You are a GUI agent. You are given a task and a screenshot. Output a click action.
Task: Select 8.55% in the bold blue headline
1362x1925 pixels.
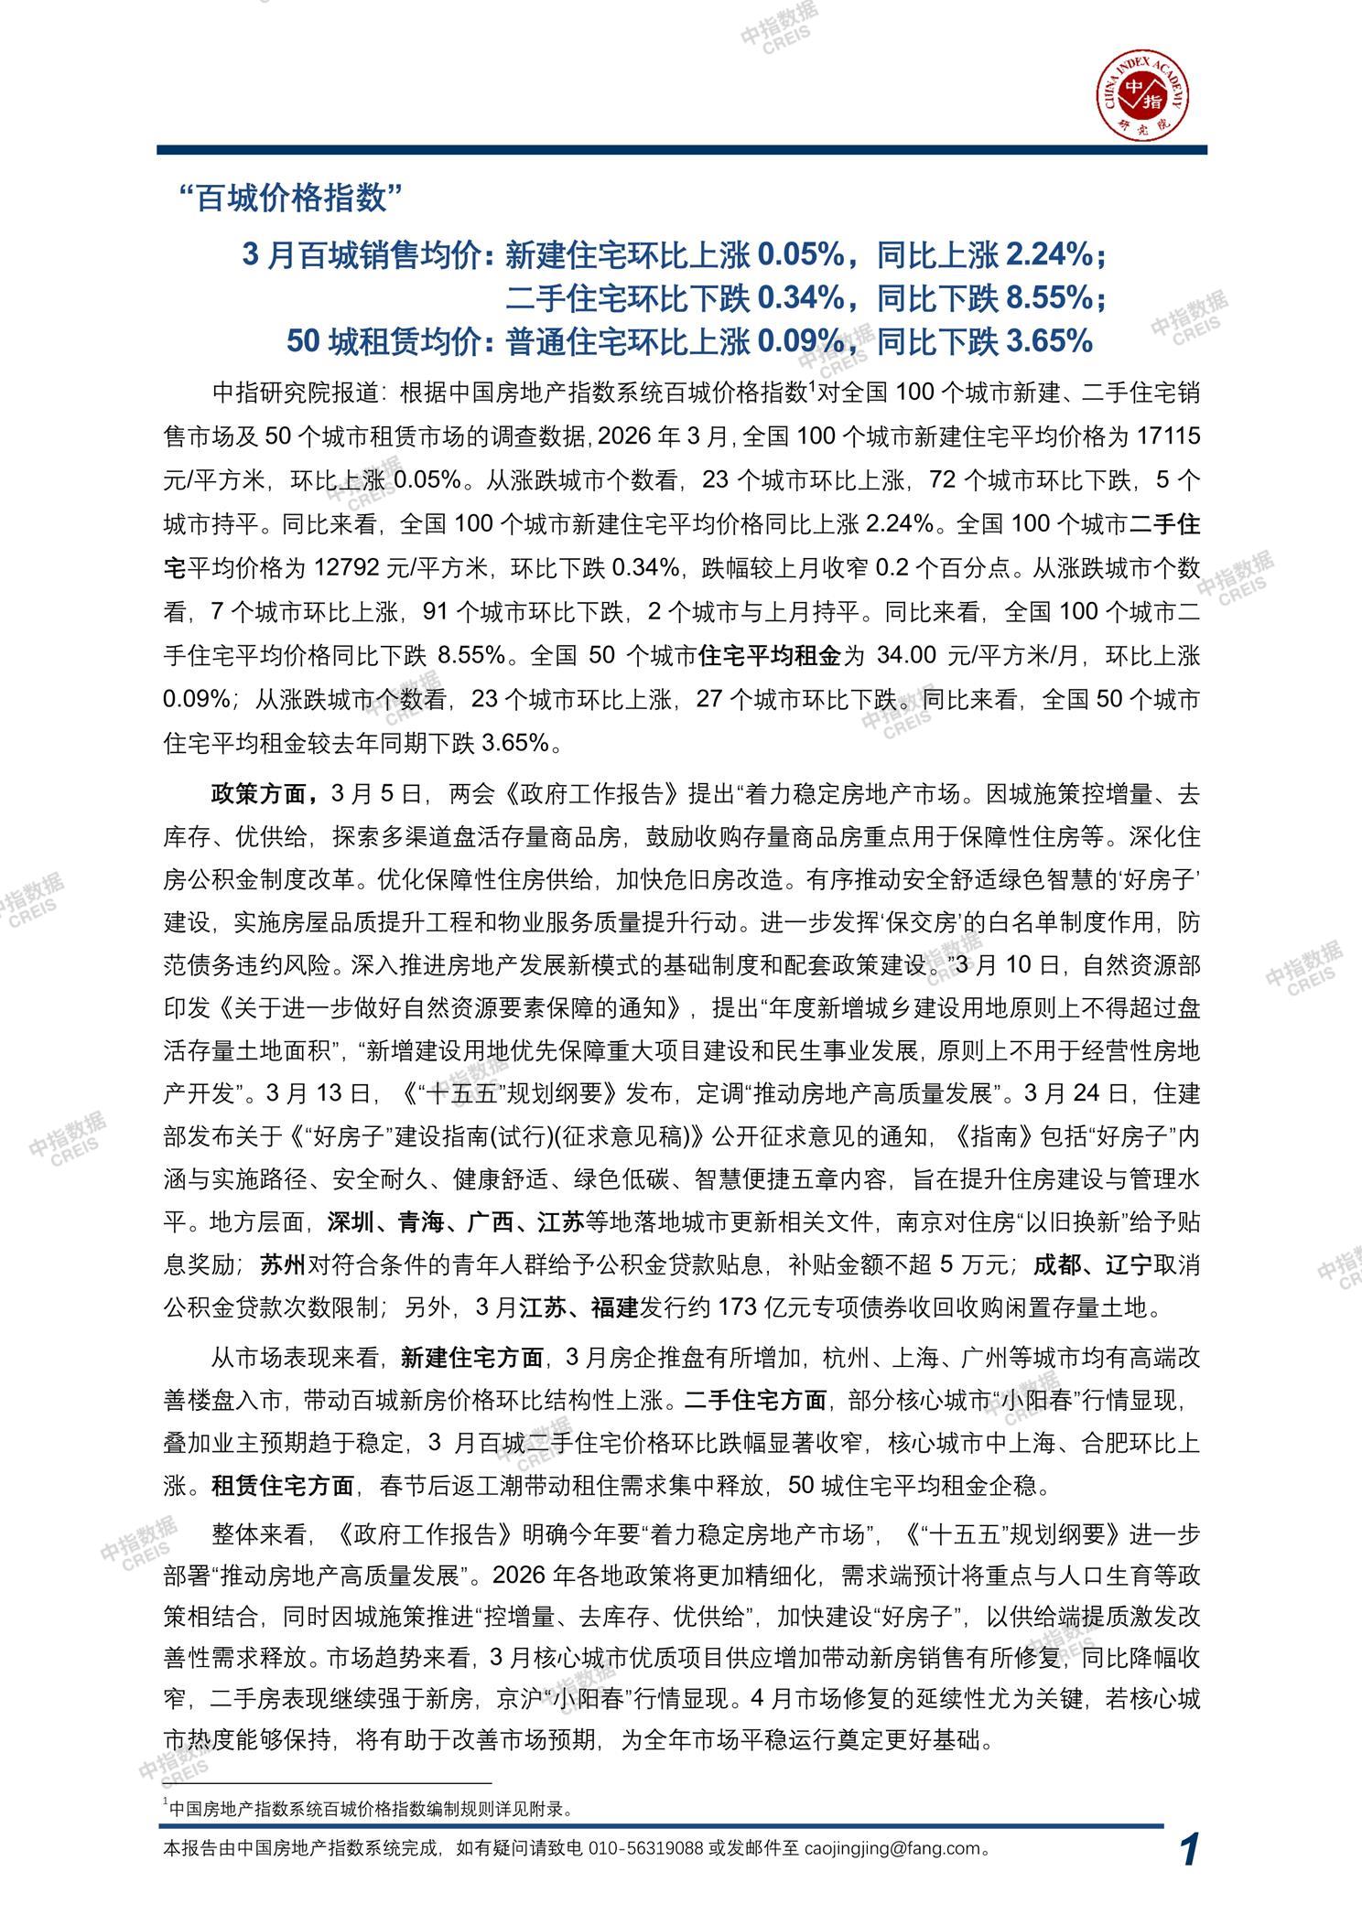click(1048, 297)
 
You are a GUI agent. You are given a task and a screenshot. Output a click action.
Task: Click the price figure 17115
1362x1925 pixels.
click(1166, 437)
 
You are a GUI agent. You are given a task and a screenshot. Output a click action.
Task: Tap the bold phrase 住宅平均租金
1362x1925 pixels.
click(769, 657)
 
